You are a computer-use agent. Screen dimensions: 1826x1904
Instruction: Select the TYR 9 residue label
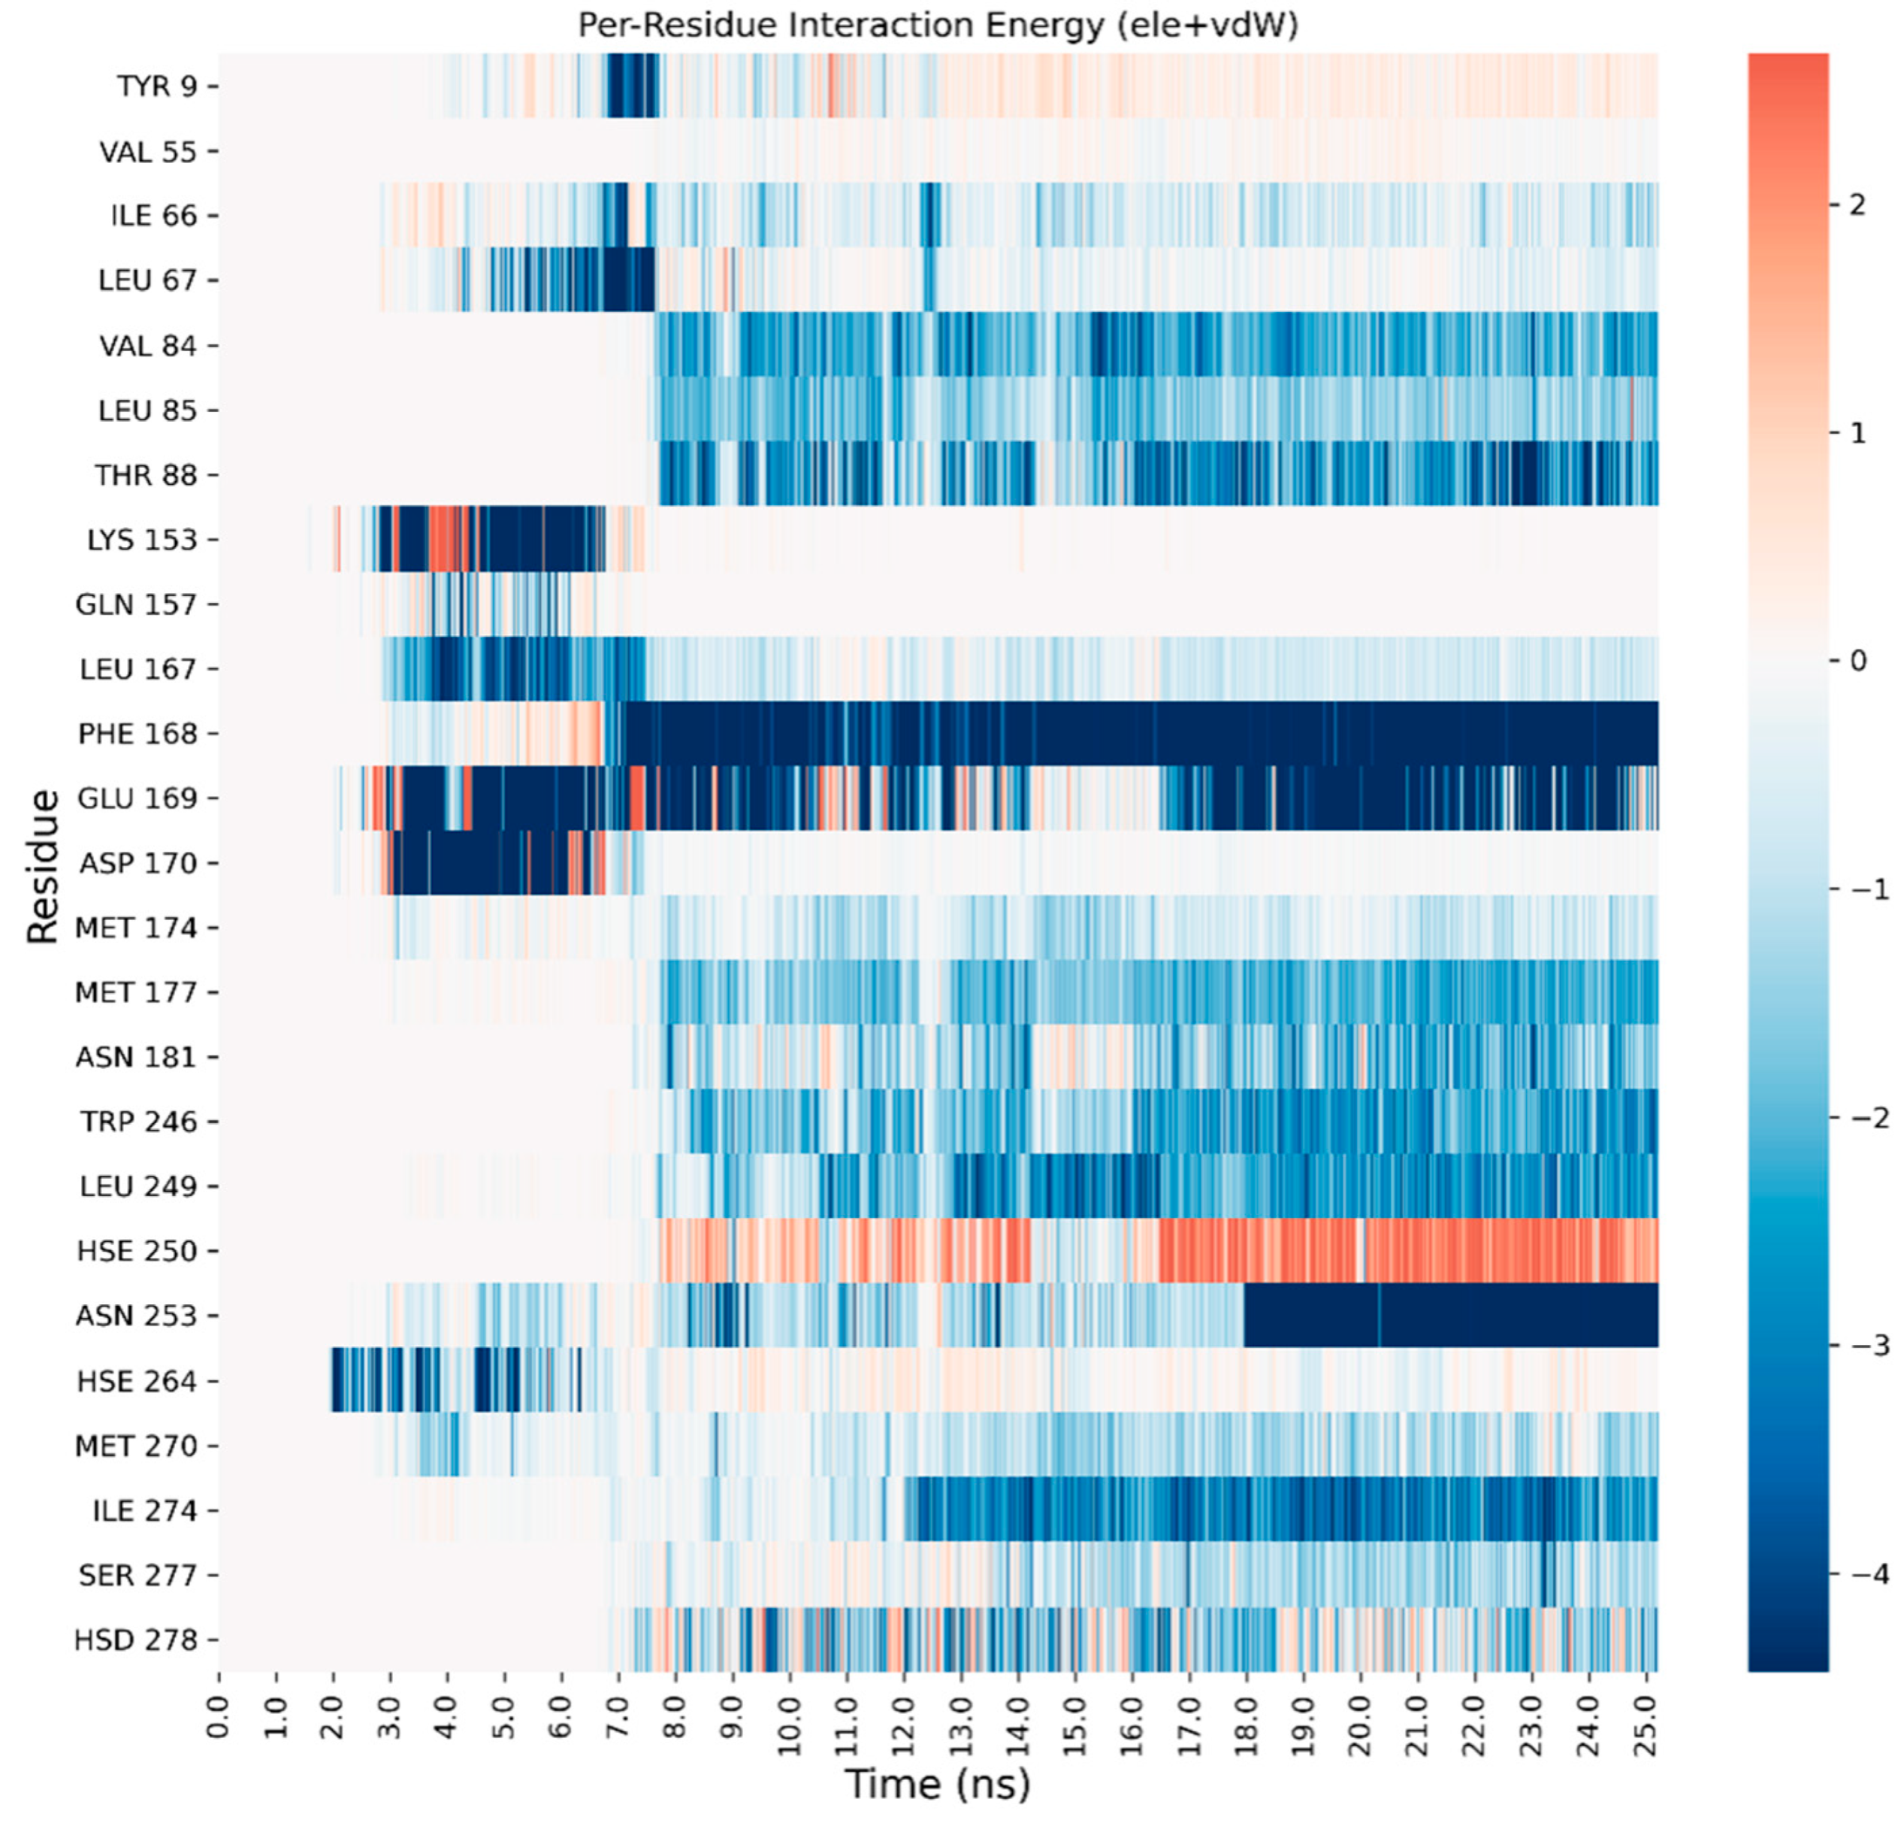point(157,86)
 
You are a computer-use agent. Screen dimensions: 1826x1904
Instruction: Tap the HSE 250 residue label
point(137,1251)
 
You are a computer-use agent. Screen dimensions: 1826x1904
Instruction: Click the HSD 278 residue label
point(136,1640)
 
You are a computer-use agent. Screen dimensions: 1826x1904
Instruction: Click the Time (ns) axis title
point(938,1784)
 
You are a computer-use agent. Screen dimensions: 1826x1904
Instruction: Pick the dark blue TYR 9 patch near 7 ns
point(631,86)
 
